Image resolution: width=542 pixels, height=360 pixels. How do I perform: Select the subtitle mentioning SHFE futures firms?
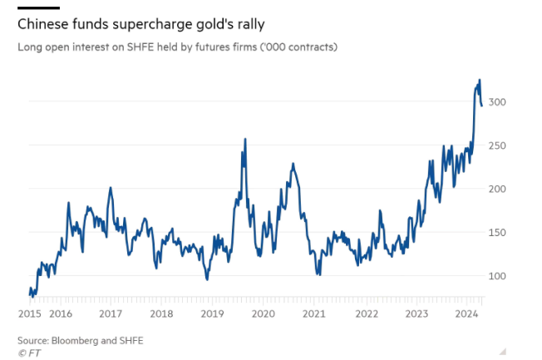click(x=177, y=47)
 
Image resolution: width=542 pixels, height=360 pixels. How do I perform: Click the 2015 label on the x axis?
click(x=30, y=313)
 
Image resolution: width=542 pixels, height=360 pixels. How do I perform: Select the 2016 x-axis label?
click(x=60, y=313)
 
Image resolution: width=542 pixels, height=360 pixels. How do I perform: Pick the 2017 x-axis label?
click(x=111, y=313)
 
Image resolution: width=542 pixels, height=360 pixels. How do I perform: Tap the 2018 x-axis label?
click(x=161, y=313)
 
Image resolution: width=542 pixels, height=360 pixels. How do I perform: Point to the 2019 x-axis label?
click(x=212, y=313)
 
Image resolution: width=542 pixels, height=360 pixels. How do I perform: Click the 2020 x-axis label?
click(x=263, y=313)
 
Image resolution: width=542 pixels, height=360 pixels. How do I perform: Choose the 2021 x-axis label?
click(x=313, y=313)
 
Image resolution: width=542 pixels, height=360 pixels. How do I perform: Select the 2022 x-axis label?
click(x=365, y=313)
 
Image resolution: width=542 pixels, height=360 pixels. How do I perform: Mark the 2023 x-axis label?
click(x=416, y=313)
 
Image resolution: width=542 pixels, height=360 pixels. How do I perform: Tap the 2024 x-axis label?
click(x=466, y=313)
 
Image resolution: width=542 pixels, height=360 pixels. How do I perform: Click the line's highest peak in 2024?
click(x=480, y=80)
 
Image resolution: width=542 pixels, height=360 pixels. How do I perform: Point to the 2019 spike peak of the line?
click(x=244, y=140)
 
